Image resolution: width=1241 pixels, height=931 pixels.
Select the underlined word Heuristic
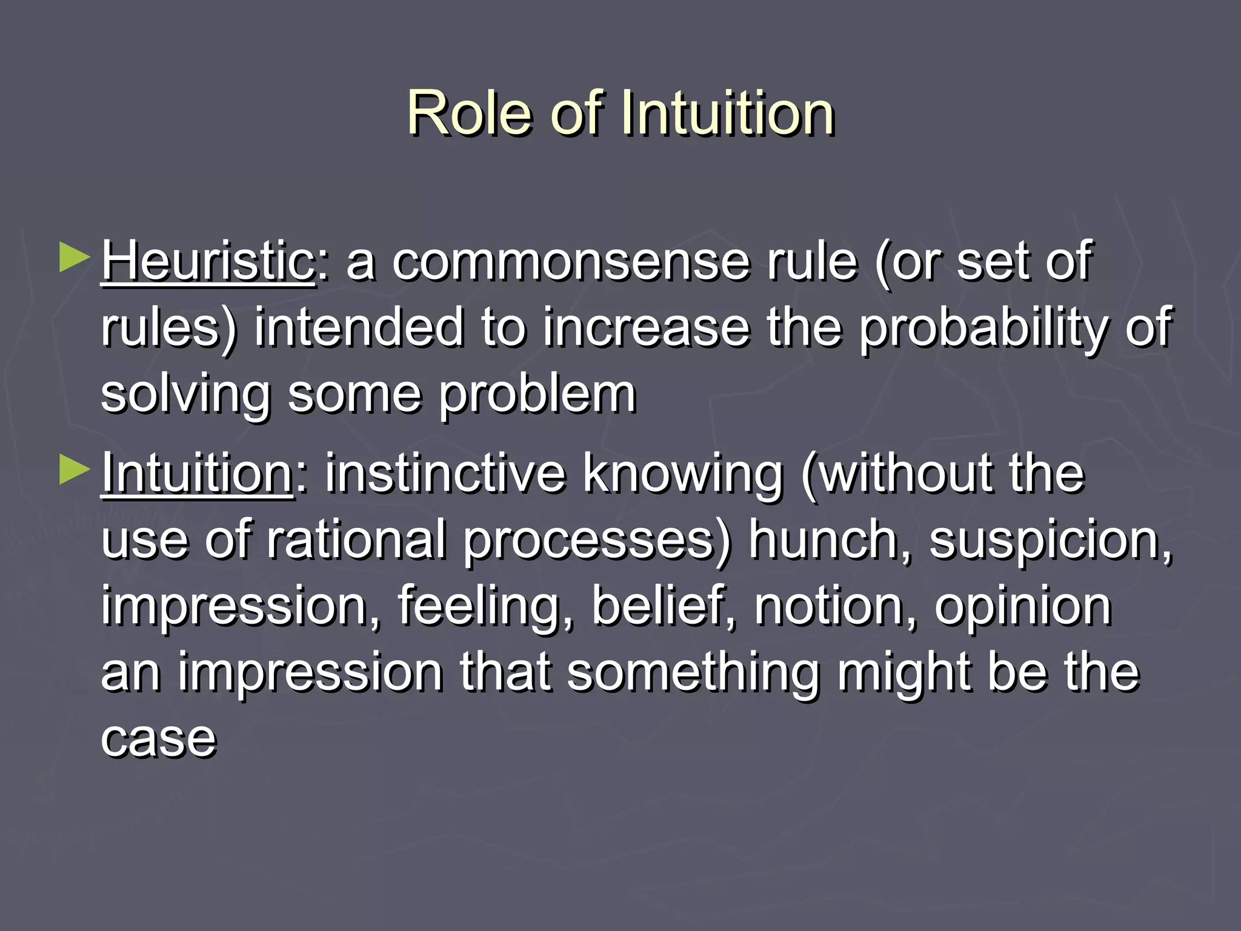point(207,261)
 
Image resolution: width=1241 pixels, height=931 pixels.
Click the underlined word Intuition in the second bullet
point(197,473)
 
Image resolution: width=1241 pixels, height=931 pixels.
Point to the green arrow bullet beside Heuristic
point(75,258)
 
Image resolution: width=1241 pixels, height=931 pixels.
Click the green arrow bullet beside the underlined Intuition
point(75,470)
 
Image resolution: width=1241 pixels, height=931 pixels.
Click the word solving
point(185,395)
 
